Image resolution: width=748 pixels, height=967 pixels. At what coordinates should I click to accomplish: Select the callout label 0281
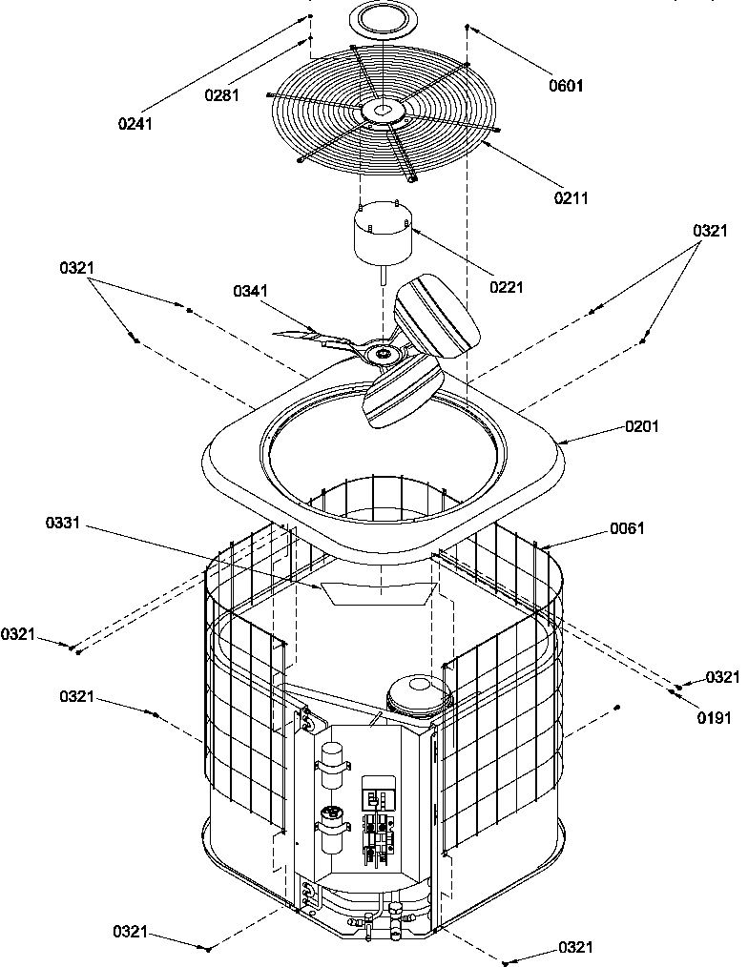[221, 94]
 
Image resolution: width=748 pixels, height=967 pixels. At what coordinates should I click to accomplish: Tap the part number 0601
[567, 86]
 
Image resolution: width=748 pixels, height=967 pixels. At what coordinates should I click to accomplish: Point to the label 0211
[571, 197]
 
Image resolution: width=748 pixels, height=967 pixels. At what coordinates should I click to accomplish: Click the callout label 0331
[63, 524]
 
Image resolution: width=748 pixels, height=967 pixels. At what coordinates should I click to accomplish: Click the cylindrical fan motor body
[382, 237]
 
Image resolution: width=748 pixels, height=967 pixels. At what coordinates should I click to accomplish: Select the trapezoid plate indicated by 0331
[378, 592]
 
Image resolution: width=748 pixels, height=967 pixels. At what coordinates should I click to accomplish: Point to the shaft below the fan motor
[382, 275]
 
